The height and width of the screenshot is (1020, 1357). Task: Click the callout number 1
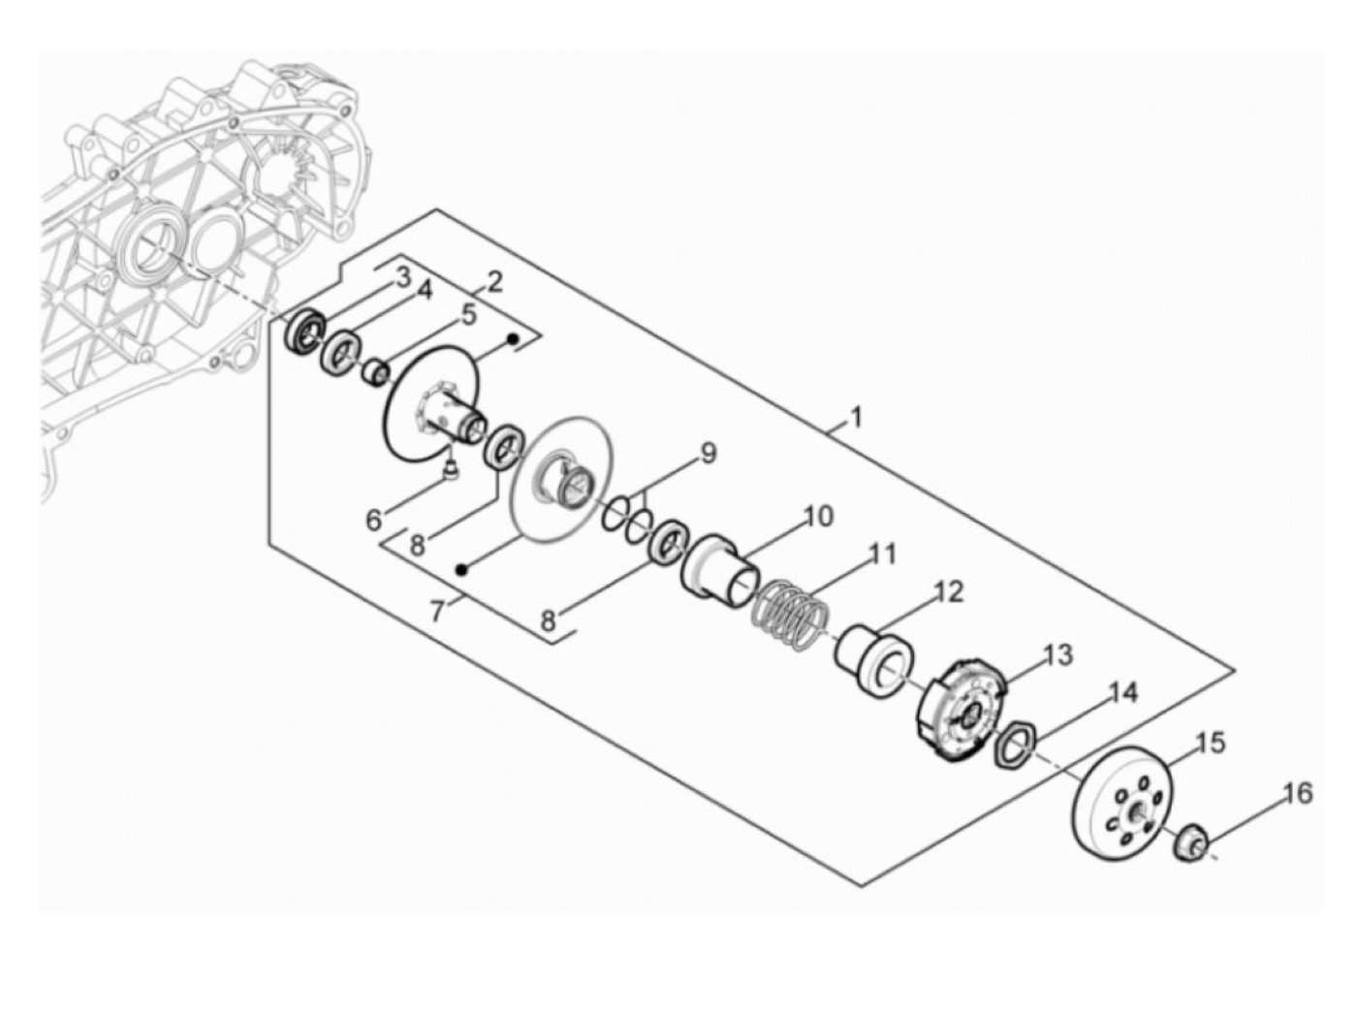pyautogui.click(x=855, y=418)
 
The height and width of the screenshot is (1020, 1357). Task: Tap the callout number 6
pyautogui.click(x=374, y=520)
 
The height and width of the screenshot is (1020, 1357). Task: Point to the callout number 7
pyautogui.click(x=438, y=611)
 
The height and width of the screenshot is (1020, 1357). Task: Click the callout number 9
pyautogui.click(x=708, y=453)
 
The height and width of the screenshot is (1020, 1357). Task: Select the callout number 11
pyautogui.click(x=882, y=555)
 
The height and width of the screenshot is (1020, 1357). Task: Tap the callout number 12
pyautogui.click(x=949, y=591)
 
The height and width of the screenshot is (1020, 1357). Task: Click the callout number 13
pyautogui.click(x=1058, y=654)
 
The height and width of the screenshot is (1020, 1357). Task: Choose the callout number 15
pyautogui.click(x=1211, y=744)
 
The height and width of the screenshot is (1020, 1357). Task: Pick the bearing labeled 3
pyautogui.click(x=305, y=333)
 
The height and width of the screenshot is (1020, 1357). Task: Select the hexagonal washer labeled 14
pyautogui.click(x=1015, y=748)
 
